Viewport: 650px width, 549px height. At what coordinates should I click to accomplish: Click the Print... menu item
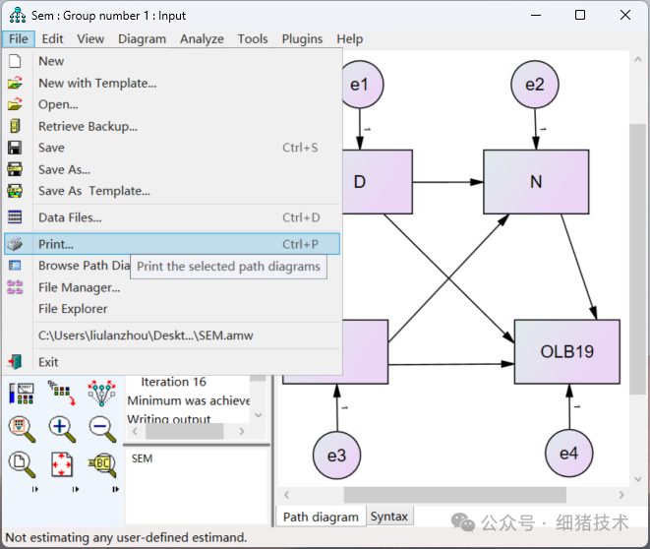pyautogui.click(x=56, y=244)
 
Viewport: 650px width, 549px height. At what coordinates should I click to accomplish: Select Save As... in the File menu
pyautogui.click(x=64, y=169)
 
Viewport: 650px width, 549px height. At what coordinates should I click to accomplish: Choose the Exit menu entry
pyautogui.click(x=48, y=362)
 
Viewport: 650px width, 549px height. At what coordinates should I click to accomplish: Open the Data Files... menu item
pyautogui.click(x=70, y=217)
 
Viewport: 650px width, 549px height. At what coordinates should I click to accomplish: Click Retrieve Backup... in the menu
pyautogui.click(x=88, y=126)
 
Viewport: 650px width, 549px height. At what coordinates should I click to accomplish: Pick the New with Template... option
pyautogui.click(x=97, y=83)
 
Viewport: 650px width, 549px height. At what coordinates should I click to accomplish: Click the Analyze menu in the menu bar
pyautogui.click(x=202, y=38)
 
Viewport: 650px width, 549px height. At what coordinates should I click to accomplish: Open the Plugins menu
pyautogui.click(x=302, y=38)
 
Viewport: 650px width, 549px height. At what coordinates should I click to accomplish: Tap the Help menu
pyautogui.click(x=349, y=38)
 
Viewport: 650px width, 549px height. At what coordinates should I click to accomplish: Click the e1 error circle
pyautogui.click(x=359, y=85)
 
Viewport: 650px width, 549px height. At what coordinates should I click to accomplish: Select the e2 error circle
pyautogui.click(x=534, y=85)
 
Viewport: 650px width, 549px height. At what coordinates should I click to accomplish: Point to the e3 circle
pyautogui.click(x=337, y=455)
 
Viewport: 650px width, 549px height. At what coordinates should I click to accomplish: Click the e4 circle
pyautogui.click(x=569, y=454)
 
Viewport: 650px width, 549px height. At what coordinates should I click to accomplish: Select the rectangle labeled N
pyautogui.click(x=536, y=182)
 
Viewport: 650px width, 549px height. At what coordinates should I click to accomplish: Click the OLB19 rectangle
pyautogui.click(x=566, y=351)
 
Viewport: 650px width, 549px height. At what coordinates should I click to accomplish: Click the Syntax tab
pyautogui.click(x=389, y=517)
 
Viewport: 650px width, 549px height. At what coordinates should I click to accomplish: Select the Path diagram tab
pyautogui.click(x=322, y=517)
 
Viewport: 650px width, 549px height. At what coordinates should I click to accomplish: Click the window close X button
pyautogui.click(x=625, y=15)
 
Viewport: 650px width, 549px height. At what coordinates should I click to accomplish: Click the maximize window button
pyautogui.click(x=580, y=15)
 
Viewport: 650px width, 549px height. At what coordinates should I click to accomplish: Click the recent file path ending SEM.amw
pyautogui.click(x=146, y=335)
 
